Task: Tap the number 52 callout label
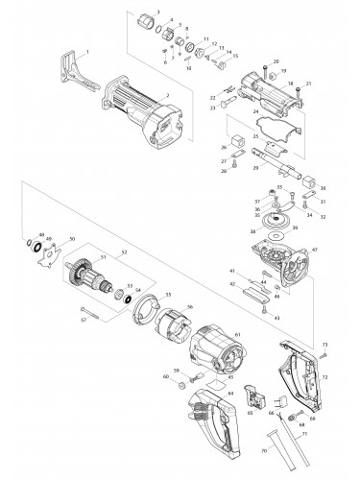(x=124, y=252)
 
